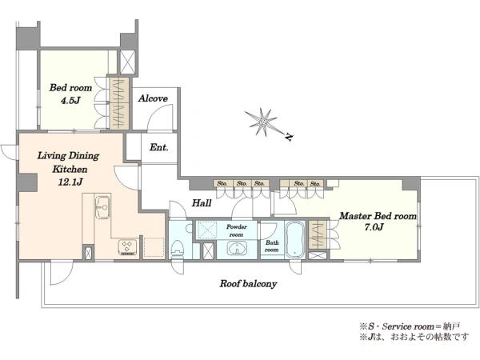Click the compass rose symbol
262,122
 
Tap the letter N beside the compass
288,138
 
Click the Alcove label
153,98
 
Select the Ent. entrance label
159,147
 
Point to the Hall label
202,202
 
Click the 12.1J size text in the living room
70,182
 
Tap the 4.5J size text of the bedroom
70,101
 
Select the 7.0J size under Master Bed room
374,227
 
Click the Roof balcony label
248,284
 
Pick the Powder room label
237,230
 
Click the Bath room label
272,246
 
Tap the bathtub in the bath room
294,239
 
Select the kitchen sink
102,207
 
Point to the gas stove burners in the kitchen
129,247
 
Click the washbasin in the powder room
237,248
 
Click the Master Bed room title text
378,216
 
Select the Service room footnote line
410,326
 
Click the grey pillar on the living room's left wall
27,182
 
